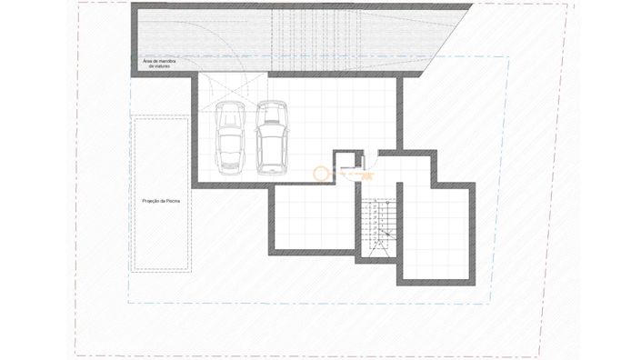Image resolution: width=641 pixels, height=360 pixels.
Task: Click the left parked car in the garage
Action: [x=231, y=137]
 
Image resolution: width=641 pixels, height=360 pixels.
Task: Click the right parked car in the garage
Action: [x=270, y=137]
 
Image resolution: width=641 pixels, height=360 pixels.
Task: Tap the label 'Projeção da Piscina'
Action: [x=161, y=202]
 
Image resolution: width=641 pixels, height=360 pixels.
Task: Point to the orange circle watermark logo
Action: [x=321, y=172]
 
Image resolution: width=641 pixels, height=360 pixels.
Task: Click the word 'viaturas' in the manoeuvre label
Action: [x=162, y=67]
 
